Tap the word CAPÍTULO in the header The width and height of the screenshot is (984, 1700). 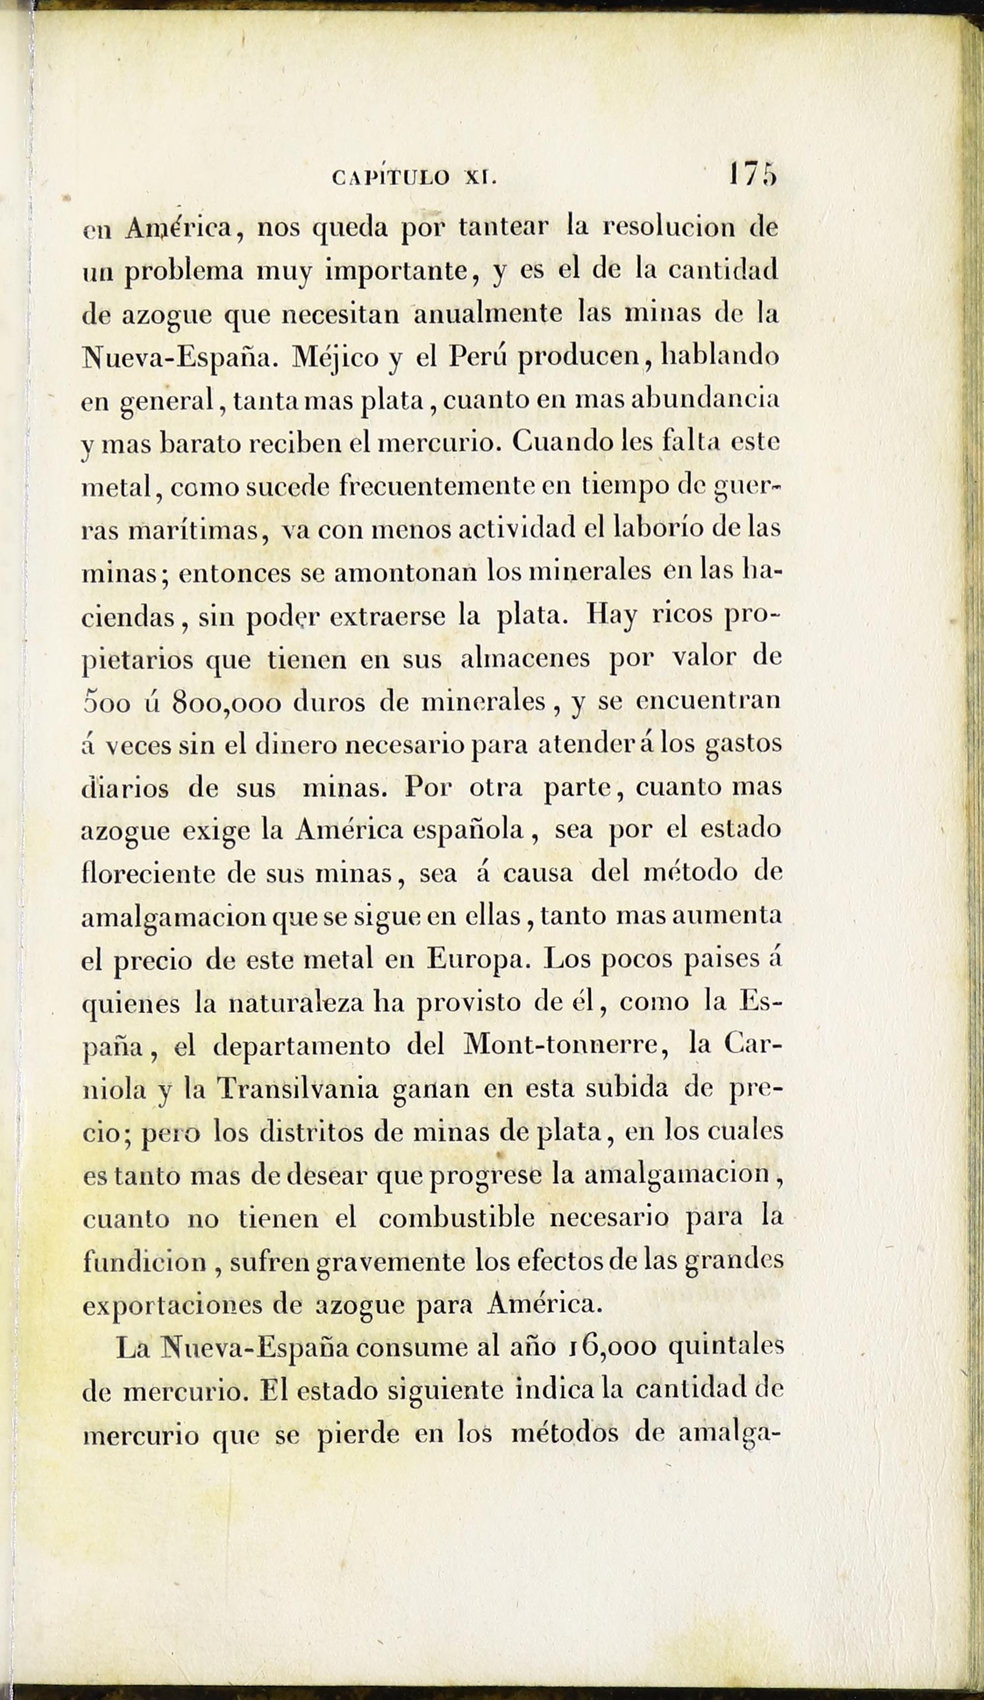pyautogui.click(x=391, y=178)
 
